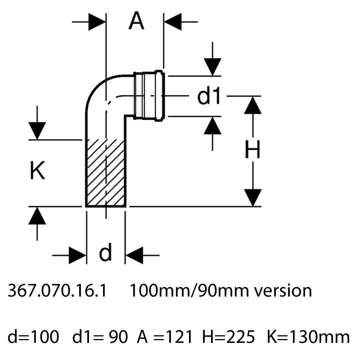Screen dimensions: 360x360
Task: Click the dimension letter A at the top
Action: pos(136,21)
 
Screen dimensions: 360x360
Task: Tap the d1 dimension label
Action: pos(209,96)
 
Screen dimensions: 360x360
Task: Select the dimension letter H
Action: pos(252,151)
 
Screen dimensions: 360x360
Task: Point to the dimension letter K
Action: pos(37,171)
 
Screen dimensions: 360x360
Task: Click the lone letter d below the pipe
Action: pos(105,253)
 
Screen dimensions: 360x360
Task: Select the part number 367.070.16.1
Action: pos(57,291)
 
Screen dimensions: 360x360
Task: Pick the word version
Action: pos(282,291)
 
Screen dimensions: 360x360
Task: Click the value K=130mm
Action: pos(308,336)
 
